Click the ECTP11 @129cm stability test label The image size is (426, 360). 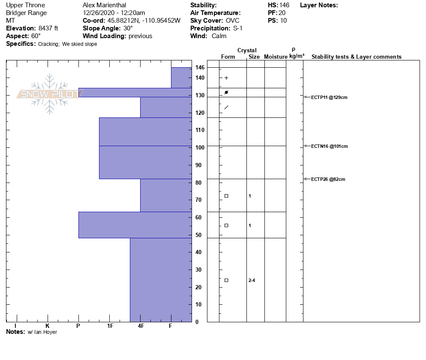(329, 97)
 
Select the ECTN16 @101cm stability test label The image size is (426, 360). (329, 146)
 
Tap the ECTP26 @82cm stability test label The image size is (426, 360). (328, 179)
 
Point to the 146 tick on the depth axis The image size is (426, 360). (200, 68)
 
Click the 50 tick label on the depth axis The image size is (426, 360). (198, 235)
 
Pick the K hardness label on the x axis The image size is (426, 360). (47, 326)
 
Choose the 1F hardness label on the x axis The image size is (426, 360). (110, 326)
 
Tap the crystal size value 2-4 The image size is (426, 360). (252, 280)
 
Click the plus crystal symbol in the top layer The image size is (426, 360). (226, 78)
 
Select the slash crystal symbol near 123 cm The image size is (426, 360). (226, 107)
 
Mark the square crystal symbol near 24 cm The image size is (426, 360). (226, 280)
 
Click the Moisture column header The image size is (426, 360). (276, 57)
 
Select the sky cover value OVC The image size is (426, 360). (233, 21)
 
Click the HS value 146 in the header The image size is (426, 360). (284, 5)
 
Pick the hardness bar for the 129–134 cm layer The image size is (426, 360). (135, 93)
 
